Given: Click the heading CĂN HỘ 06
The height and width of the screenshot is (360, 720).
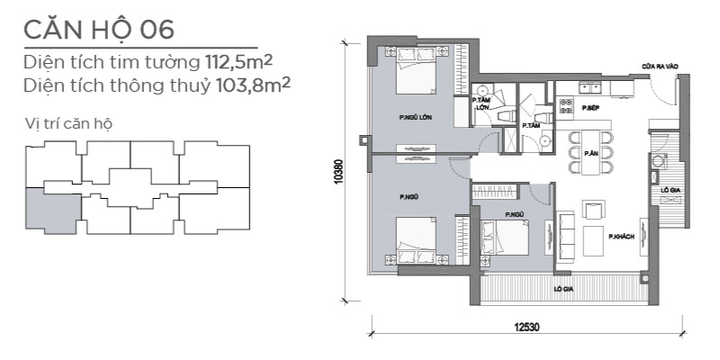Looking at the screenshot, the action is coord(99,30).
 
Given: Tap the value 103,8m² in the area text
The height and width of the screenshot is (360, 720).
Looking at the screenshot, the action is coord(253,85).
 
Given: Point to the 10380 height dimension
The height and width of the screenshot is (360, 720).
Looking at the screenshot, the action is coord(339,171).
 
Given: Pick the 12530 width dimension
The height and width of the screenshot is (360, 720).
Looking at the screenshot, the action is coord(526,328).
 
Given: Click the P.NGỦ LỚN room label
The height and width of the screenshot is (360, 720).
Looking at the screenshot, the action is coord(416,118).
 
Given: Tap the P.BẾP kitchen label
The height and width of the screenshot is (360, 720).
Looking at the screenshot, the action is coord(589,108).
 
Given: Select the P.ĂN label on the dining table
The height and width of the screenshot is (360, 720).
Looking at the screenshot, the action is coord(590,153).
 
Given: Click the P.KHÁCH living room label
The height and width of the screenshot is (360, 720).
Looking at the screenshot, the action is coord(621,237).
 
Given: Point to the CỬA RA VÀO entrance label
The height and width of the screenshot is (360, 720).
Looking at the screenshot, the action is coord(660,67).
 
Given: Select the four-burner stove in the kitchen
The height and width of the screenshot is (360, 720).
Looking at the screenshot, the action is coord(566,106).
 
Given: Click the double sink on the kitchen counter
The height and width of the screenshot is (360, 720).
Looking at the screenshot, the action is coord(590,86).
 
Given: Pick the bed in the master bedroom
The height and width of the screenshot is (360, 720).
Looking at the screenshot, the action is coord(417,69).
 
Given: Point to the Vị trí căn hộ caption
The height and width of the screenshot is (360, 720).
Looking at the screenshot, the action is coord(69,124).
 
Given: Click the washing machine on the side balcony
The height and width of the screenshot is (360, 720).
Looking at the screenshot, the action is coord(658,161).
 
